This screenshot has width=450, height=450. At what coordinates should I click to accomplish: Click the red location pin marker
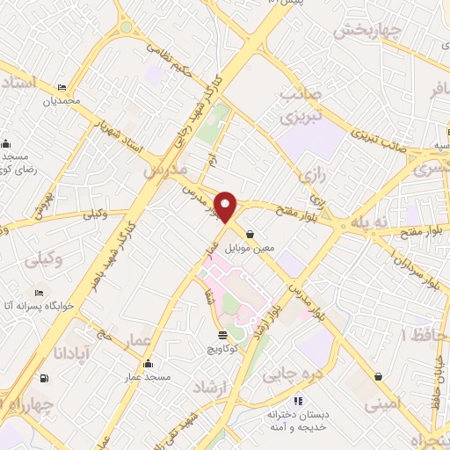point(227,206)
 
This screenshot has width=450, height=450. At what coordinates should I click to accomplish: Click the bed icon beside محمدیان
point(62,87)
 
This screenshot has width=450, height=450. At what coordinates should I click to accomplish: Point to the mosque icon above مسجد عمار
point(149,364)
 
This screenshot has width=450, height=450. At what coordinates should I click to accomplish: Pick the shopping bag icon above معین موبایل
point(252,235)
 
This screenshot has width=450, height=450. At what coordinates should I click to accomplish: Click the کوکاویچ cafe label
point(222,348)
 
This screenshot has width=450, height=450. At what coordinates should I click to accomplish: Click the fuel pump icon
point(44,379)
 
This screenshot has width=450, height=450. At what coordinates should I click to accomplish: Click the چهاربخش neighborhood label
point(367,30)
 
